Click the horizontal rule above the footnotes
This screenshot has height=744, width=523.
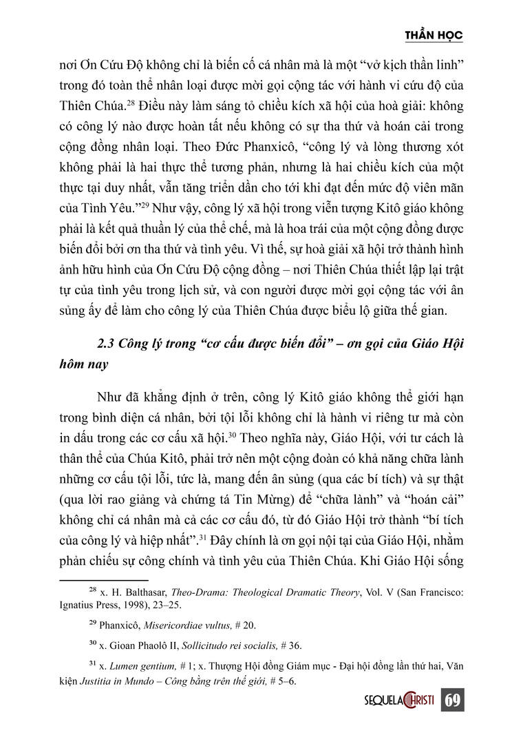(104, 580)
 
